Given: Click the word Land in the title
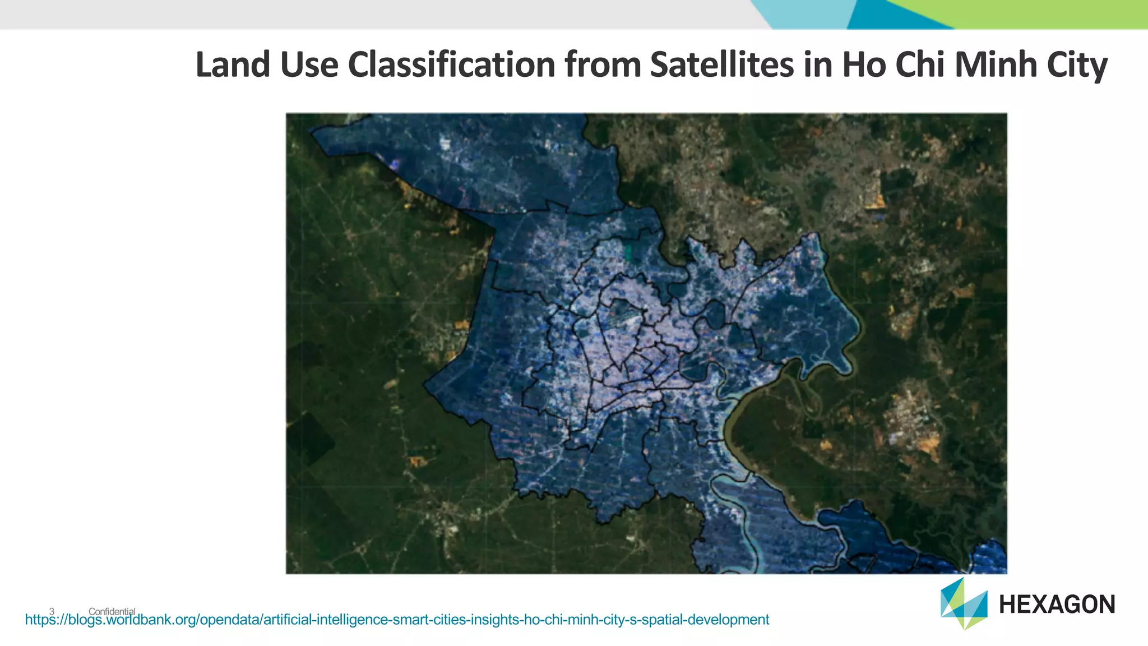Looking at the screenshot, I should [233, 64].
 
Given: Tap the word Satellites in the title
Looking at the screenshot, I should [722, 64].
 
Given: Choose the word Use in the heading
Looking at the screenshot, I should [309, 64].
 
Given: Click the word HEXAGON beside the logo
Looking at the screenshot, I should [1057, 605].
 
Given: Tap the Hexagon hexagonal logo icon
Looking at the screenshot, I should [964, 604].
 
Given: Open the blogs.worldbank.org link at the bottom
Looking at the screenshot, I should [397, 620].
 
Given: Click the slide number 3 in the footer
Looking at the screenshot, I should [52, 611].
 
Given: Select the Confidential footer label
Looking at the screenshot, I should [112, 611].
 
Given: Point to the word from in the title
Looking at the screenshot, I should [603, 64].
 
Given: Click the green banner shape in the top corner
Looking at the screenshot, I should [1037, 12].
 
